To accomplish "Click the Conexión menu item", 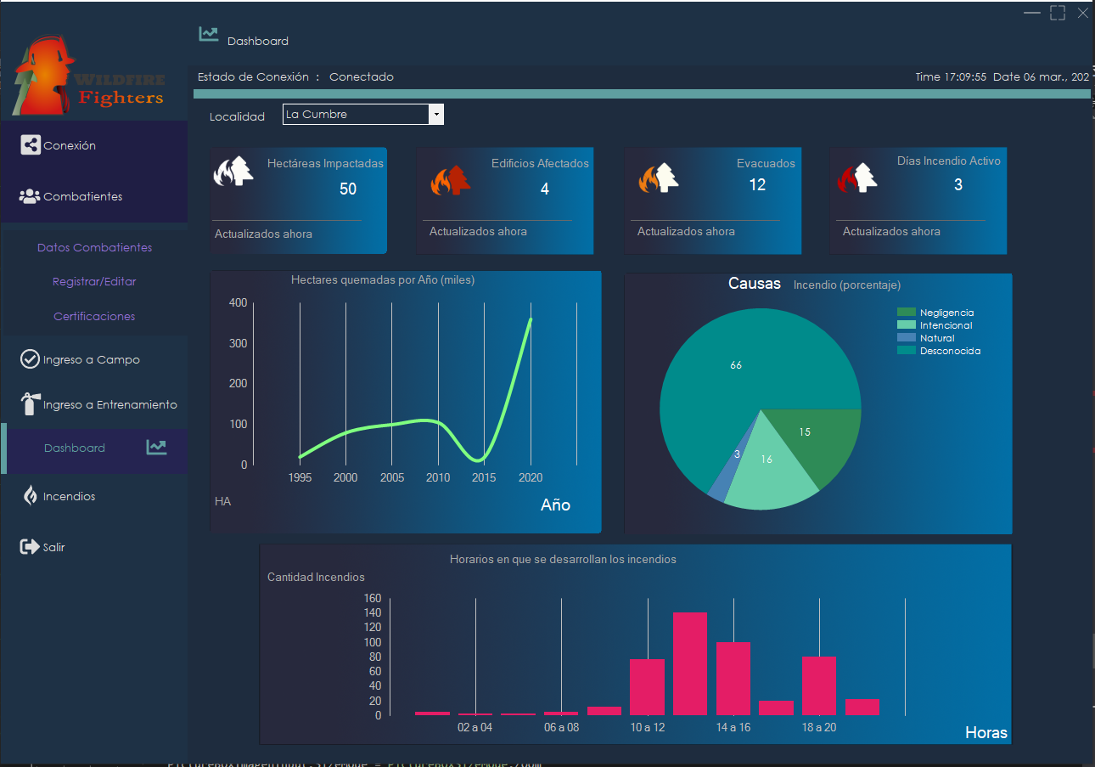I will (70, 145).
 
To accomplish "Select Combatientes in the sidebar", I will (82, 196).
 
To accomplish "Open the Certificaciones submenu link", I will (94, 316).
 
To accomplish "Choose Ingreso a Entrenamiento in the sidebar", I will (109, 404).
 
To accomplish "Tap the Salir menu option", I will (53, 547).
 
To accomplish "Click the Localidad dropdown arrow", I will (435, 115).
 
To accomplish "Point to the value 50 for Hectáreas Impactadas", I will (348, 189).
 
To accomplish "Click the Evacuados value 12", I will (757, 185).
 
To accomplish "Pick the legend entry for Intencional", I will (946, 325).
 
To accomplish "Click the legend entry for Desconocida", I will (950, 351).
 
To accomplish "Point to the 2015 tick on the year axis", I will (484, 477).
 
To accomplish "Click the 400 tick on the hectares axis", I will (238, 303).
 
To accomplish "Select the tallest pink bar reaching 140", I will (690, 663).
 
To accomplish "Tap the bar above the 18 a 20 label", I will (819, 685).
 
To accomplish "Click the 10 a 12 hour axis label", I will (648, 728).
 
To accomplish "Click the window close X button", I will (1082, 13).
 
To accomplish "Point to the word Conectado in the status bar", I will (362, 76).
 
